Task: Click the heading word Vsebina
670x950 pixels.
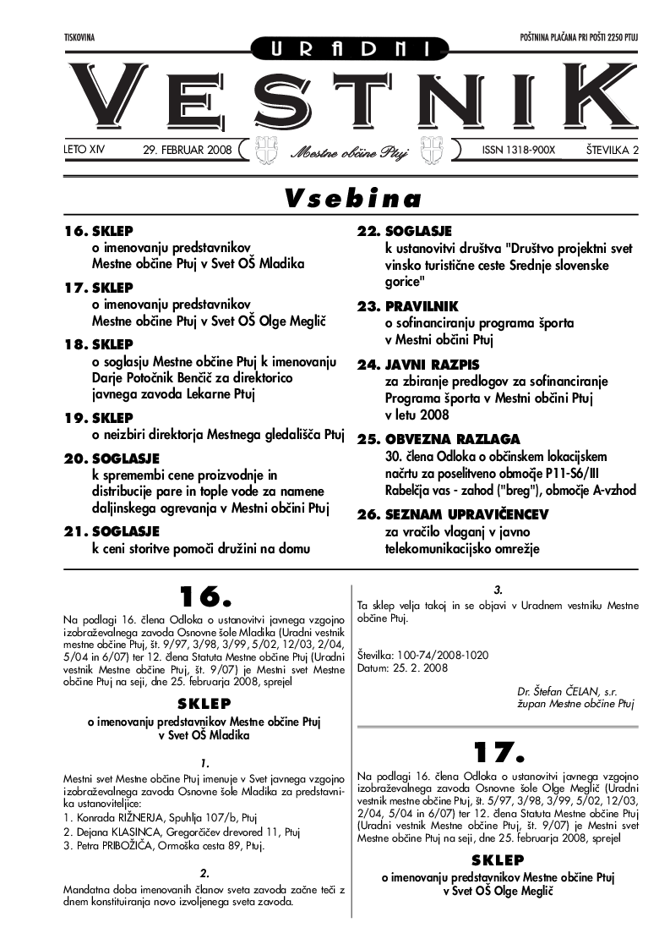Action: pos(352,199)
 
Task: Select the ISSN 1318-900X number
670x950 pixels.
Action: pos(519,150)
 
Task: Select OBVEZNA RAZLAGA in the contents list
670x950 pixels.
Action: pos(452,439)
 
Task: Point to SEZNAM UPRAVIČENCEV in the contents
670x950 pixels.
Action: pos(466,514)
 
